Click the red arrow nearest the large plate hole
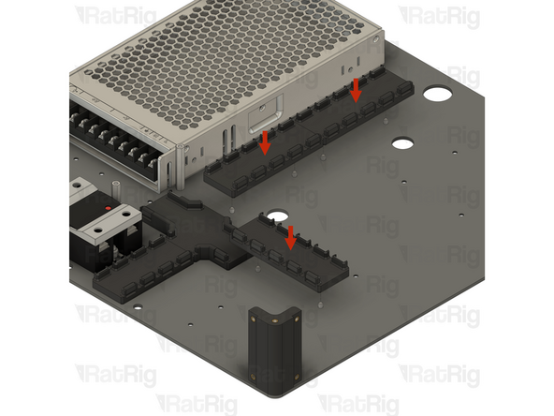(356, 90)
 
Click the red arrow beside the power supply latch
(266, 142)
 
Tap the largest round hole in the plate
(436, 96)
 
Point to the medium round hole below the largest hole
(401, 143)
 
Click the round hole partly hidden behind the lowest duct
(277, 216)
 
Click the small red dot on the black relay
(109, 205)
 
